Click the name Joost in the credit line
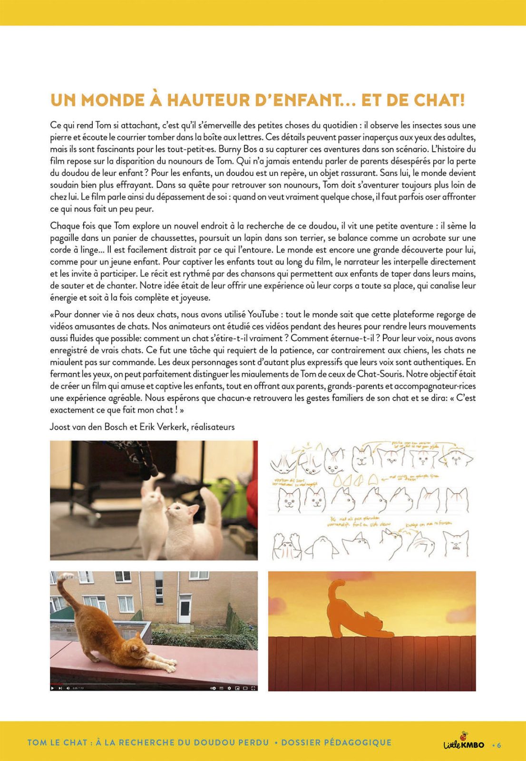click(61, 427)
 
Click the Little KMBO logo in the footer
click(464, 743)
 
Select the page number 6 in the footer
click(499, 745)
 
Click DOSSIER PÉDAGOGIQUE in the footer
click(336, 742)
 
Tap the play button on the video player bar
click(52, 688)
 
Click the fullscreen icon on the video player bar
click(253, 688)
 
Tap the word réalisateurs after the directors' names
click(213, 427)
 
